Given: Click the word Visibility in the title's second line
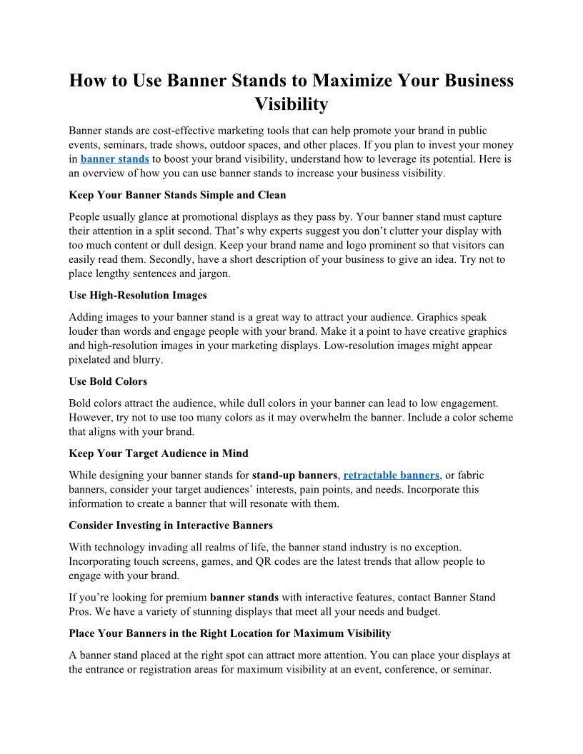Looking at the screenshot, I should coord(291,104).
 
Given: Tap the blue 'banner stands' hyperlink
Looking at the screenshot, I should coord(114,159).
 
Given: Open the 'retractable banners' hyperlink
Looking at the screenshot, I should coord(391,475).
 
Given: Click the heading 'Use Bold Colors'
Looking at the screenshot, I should coord(108,381).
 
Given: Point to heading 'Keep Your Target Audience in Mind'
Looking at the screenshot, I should coord(159,453).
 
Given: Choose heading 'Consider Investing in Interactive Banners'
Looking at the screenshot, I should coord(171,526).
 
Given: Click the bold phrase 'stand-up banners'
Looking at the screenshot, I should coord(294,475).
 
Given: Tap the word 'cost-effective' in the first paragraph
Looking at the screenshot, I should coord(186,131).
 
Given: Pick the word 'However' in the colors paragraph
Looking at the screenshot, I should coord(90,417).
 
